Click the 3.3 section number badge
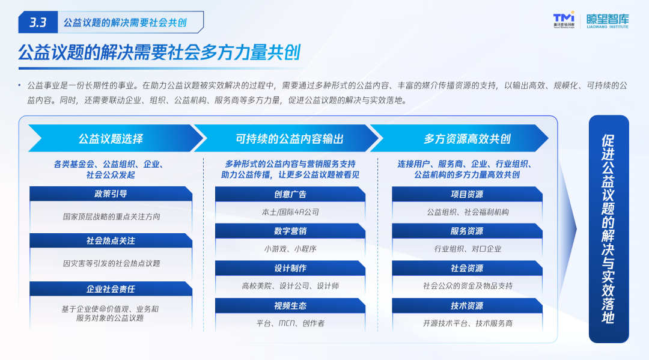(38, 22)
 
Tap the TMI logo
(564, 19)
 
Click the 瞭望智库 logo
(607, 20)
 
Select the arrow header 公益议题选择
(111, 138)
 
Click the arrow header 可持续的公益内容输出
(289, 138)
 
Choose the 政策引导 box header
(111, 194)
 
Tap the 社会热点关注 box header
(111, 240)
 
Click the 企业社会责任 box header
(111, 289)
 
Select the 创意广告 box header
(290, 194)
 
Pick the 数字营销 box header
(290, 231)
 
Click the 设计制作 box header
(290, 268)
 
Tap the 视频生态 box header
(290, 305)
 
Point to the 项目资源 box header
(467, 194)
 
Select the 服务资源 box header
(467, 231)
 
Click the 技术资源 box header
(467, 305)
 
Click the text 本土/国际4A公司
(290, 212)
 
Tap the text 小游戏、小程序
(290, 249)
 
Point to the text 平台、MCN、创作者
(290, 323)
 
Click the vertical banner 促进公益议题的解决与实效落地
(609, 229)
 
